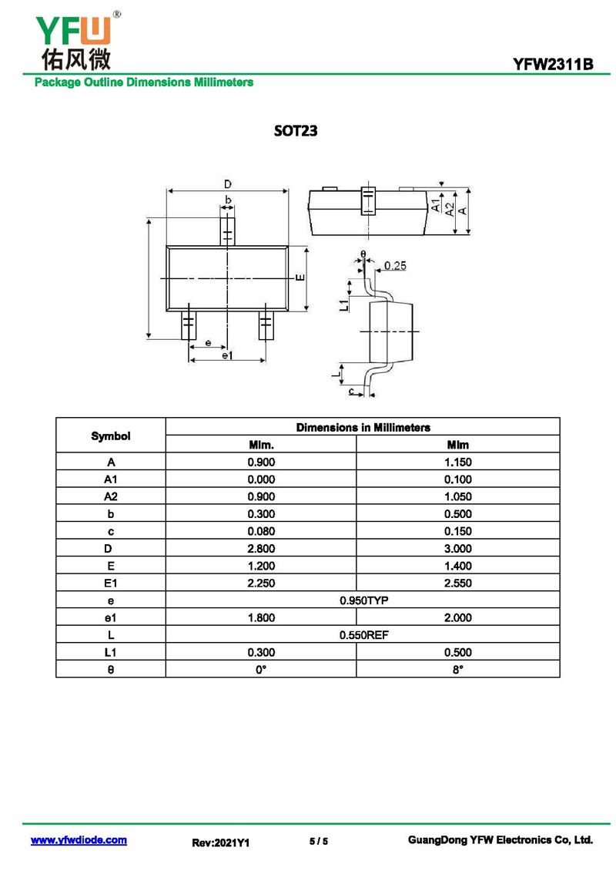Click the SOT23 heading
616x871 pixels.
[296, 131]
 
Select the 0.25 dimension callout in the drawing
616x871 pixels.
[394, 266]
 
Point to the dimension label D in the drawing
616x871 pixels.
[228, 184]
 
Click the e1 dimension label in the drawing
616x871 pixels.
[227, 355]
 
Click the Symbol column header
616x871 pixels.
[111, 436]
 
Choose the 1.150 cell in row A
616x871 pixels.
[457, 462]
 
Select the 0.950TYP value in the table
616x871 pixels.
[363, 600]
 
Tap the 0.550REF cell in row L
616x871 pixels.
[363, 634]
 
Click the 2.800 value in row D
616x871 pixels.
[261, 549]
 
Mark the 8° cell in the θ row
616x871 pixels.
[457, 670]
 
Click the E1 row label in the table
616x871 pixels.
[111, 583]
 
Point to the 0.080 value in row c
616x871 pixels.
[261, 531]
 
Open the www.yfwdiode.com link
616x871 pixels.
[79, 840]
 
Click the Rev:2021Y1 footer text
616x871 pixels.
[221, 843]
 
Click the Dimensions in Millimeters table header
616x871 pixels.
[363, 427]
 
